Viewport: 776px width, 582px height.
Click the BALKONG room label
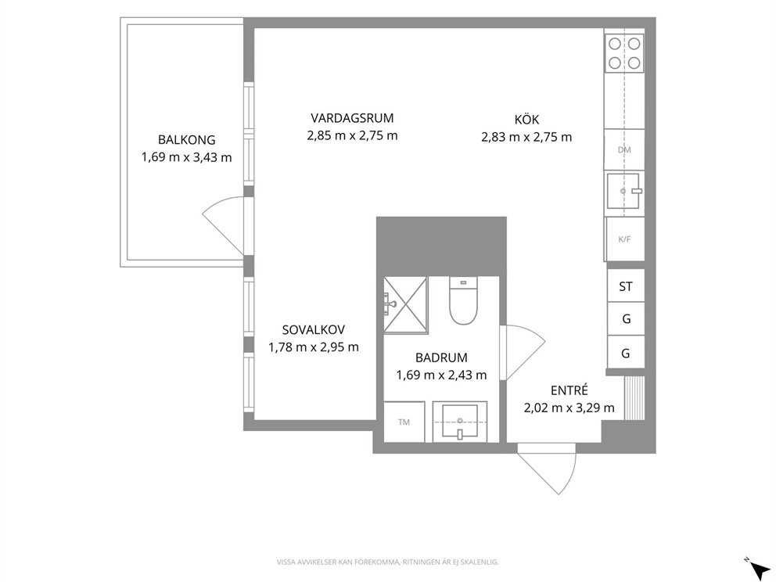coord(187,139)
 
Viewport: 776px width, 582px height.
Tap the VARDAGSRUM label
coord(352,118)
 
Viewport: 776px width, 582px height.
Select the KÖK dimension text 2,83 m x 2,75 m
coord(526,137)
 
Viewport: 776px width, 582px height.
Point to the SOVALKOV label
coord(314,329)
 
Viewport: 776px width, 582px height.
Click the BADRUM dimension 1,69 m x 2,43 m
coord(441,375)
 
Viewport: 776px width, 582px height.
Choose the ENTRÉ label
coord(569,390)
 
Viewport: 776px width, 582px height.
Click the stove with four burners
coord(624,53)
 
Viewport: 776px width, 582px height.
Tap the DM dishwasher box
coord(624,149)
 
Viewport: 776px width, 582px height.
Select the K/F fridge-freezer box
coord(624,239)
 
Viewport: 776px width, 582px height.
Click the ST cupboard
coord(626,286)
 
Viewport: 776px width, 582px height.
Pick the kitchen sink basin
coord(623,191)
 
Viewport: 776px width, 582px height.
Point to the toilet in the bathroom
coord(463,300)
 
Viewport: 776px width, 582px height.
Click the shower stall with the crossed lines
coord(405,305)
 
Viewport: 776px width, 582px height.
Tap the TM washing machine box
coord(404,422)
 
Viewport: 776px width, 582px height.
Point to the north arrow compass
coord(758,568)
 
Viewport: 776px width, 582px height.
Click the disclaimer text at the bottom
coord(387,562)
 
